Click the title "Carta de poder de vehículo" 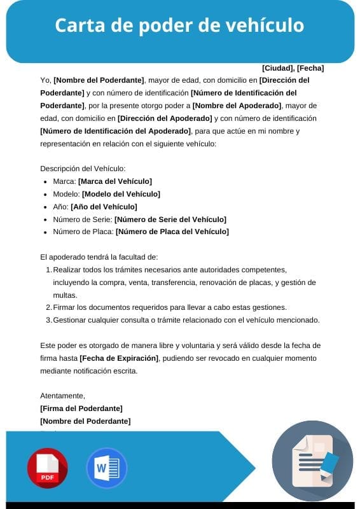(x=179, y=25)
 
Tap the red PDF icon (x=47, y=468)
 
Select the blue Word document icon (x=106, y=468)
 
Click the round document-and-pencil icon (x=312, y=461)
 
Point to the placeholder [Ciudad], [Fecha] (x=293, y=67)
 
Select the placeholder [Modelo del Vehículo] (x=121, y=193)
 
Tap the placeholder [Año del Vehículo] (x=104, y=206)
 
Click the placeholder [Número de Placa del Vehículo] (x=172, y=232)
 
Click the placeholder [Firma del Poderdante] (x=81, y=408)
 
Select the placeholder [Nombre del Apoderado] (x=237, y=106)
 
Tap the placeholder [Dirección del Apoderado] (x=165, y=118)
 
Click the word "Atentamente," (x=62, y=396)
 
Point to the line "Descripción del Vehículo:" (x=83, y=169)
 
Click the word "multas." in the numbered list (x=65, y=295)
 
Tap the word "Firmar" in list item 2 (x=64, y=307)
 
